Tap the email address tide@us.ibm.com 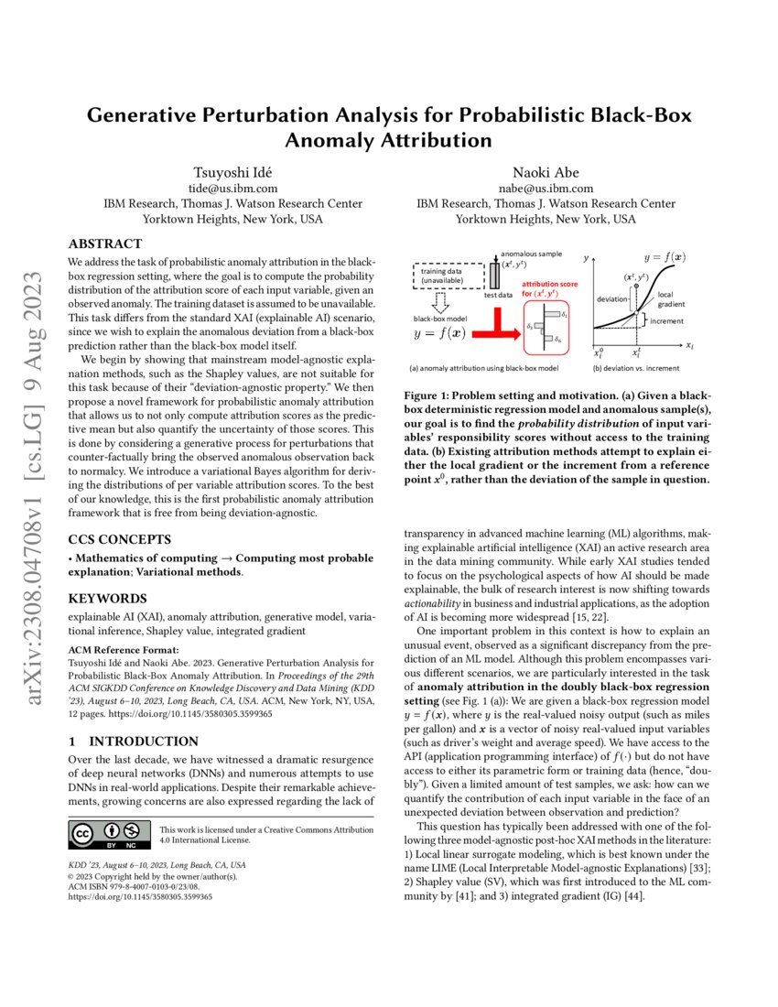(222, 189)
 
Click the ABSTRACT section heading (105, 244)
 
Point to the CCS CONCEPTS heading (119, 539)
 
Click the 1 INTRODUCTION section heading (133, 740)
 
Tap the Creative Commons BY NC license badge (109, 834)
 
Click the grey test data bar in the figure (495, 276)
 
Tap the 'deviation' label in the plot (612, 299)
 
